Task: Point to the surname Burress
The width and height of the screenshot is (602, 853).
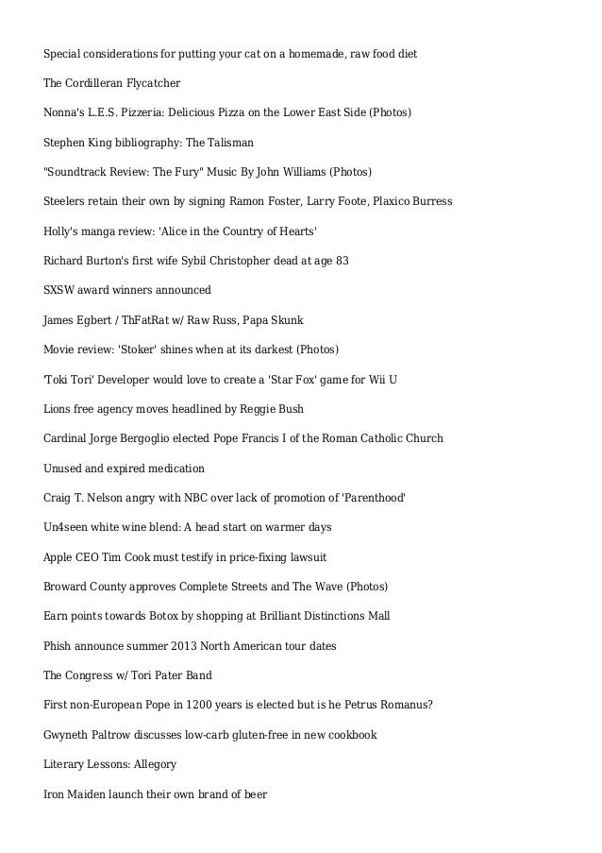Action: (428, 202)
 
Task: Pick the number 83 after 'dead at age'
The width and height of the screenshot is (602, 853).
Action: (342, 261)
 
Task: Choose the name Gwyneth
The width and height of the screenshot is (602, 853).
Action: (68, 735)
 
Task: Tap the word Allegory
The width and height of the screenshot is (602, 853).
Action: (152, 764)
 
